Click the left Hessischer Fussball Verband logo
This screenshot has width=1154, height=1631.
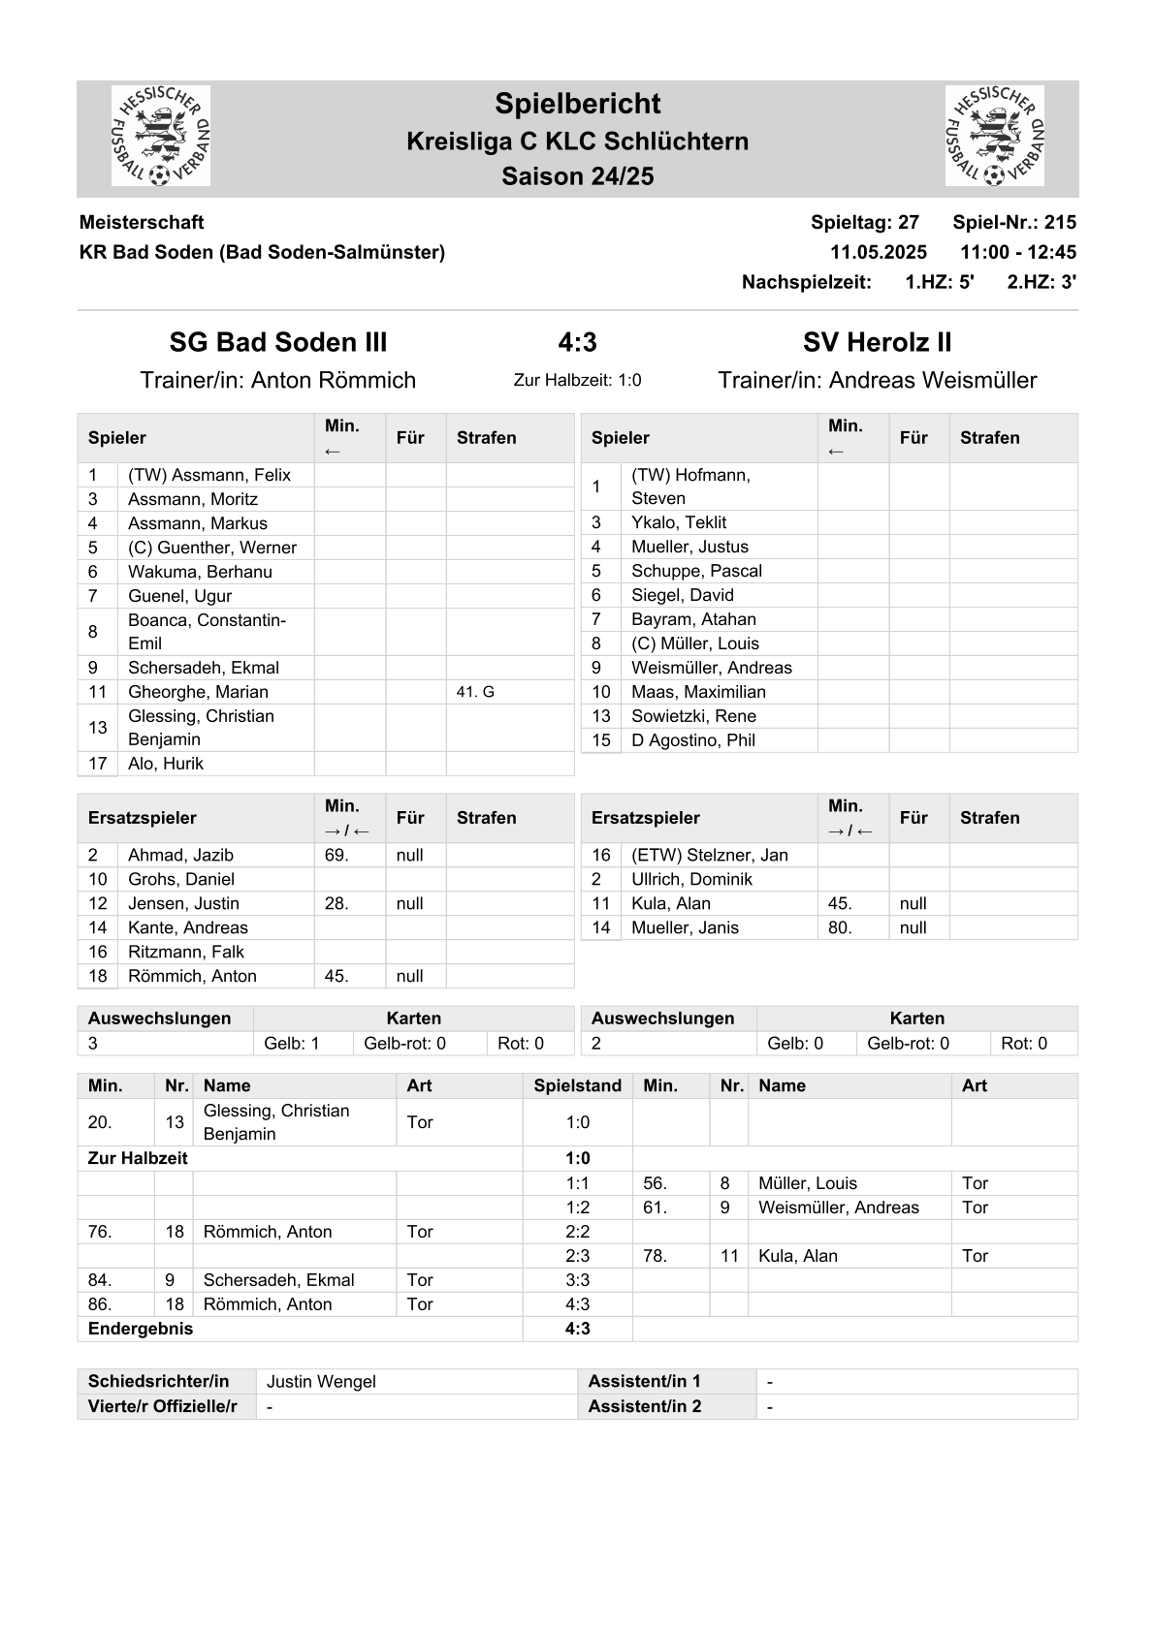pyautogui.click(x=161, y=137)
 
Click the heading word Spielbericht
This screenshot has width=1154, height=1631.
pyautogui.click(x=577, y=104)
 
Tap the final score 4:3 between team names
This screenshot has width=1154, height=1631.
pyautogui.click(x=577, y=342)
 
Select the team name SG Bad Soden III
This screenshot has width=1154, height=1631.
pyautogui.click(x=278, y=342)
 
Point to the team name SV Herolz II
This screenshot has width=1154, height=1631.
pyautogui.click(x=877, y=342)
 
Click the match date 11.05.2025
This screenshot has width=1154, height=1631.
pyautogui.click(x=878, y=252)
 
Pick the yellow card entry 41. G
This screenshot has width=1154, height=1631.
pyautogui.click(x=475, y=692)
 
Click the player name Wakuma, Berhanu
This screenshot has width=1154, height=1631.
pyautogui.click(x=200, y=572)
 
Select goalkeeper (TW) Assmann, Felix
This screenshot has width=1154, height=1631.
pyautogui.click(x=208, y=475)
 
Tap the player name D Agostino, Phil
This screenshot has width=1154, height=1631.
pyautogui.click(x=692, y=740)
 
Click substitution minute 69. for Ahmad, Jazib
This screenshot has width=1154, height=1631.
pyautogui.click(x=337, y=855)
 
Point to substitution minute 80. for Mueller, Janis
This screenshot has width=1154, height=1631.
pyautogui.click(x=840, y=927)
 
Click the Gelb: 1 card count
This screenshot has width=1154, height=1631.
pyautogui.click(x=291, y=1044)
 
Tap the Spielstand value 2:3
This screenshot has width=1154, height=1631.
pyautogui.click(x=577, y=1256)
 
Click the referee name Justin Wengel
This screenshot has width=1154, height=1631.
pyautogui.click(x=321, y=1382)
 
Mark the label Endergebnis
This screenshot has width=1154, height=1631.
pyautogui.click(x=141, y=1329)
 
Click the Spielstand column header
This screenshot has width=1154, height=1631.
pyautogui.click(x=577, y=1085)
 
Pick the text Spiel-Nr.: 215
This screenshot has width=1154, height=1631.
pyautogui.click(x=1013, y=222)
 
